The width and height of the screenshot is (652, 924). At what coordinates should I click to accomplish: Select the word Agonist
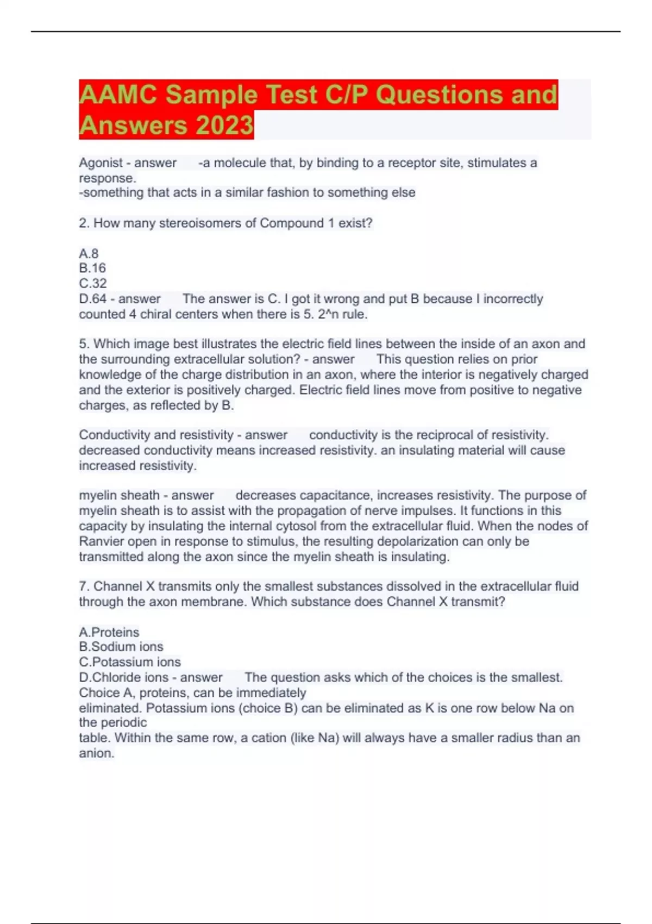[101, 163]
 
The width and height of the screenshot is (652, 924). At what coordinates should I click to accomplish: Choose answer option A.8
[89, 253]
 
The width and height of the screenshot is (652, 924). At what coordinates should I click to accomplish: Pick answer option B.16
[92, 268]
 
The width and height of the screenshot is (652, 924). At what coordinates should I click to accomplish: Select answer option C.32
[93, 283]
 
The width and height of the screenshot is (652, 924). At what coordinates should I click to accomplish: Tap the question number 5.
[84, 344]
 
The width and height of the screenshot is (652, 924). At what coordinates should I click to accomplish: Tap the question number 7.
[84, 586]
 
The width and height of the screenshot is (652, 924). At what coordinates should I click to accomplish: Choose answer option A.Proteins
[109, 632]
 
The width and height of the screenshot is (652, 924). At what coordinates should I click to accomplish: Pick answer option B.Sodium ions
[121, 647]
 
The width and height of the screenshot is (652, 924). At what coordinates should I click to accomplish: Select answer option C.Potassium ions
[129, 662]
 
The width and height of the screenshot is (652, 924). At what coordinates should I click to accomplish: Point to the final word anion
[96, 753]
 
